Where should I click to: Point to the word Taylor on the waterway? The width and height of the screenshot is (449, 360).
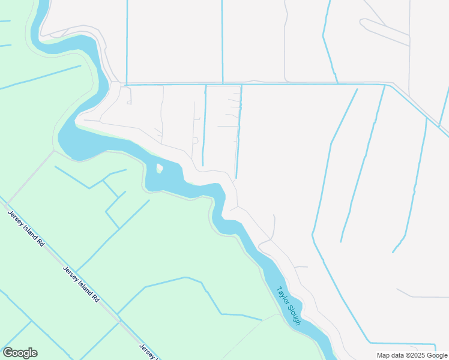[282, 295]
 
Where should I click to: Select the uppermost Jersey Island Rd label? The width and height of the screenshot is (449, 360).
[25, 229]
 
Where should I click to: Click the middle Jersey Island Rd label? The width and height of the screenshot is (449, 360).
[81, 284]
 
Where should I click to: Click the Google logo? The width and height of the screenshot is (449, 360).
[20, 353]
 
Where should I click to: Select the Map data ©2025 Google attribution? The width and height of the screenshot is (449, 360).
[412, 355]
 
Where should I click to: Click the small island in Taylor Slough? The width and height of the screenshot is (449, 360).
[159, 169]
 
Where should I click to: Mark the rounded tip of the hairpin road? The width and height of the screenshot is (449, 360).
[362, 22]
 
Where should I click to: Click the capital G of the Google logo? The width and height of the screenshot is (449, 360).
[8, 353]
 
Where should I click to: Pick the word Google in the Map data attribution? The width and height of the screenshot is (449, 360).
[437, 355]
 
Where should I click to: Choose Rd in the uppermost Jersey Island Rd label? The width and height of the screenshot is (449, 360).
[40, 243]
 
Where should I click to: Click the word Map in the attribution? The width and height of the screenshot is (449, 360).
[383, 355]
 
